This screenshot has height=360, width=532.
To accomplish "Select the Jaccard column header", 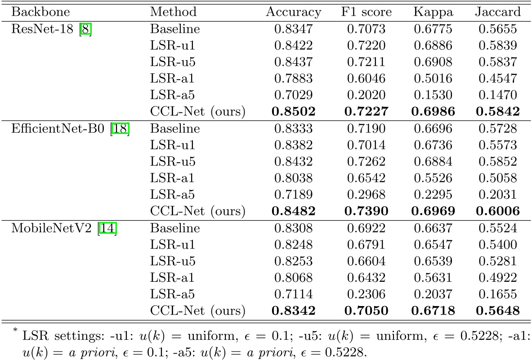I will (x=497, y=12).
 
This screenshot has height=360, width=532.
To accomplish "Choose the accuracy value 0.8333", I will (x=293, y=128).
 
